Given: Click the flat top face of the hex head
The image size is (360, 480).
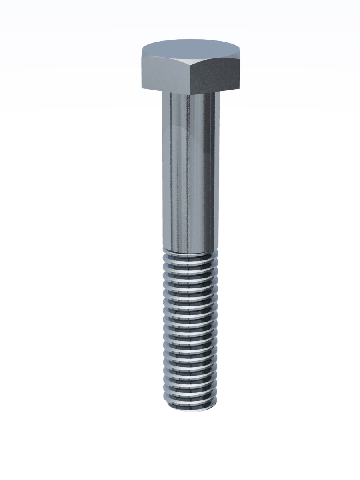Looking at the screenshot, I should pos(191,48).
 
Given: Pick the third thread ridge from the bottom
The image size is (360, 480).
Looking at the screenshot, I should pos(191,382).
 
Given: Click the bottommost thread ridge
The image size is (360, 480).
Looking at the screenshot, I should pos(191,400).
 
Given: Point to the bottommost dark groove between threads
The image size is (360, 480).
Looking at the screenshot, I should pos(191,396).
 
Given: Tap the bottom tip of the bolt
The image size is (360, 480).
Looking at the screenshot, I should pos(191,409).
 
